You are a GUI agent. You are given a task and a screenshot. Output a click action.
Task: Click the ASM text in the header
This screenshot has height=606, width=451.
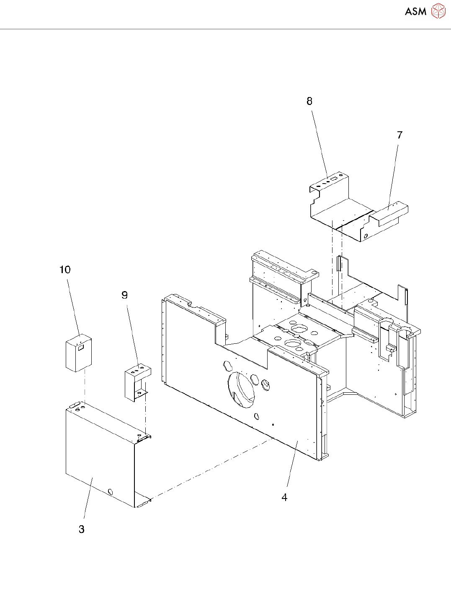tap(415, 12)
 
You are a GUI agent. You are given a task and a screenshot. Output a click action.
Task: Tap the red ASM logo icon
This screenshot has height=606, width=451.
tap(438, 11)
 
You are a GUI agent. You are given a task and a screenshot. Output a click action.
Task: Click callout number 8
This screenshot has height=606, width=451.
tap(309, 101)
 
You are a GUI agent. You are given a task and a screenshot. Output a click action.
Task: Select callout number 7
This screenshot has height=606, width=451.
tap(399, 135)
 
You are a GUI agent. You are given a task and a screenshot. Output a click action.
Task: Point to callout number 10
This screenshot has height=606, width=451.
tap(65, 270)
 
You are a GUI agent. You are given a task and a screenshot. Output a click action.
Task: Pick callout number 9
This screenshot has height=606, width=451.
tap(124, 295)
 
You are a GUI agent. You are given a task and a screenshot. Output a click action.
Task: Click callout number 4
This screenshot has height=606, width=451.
tap(284, 497)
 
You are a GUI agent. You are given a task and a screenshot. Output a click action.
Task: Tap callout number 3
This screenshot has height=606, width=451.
tap(82, 529)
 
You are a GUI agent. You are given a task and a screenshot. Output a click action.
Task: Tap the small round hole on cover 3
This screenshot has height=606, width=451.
tap(111, 492)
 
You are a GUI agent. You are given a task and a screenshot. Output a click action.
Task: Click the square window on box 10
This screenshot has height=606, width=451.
tap(81, 347)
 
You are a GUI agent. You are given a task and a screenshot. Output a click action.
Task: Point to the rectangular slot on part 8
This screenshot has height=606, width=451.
tap(334, 179)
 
